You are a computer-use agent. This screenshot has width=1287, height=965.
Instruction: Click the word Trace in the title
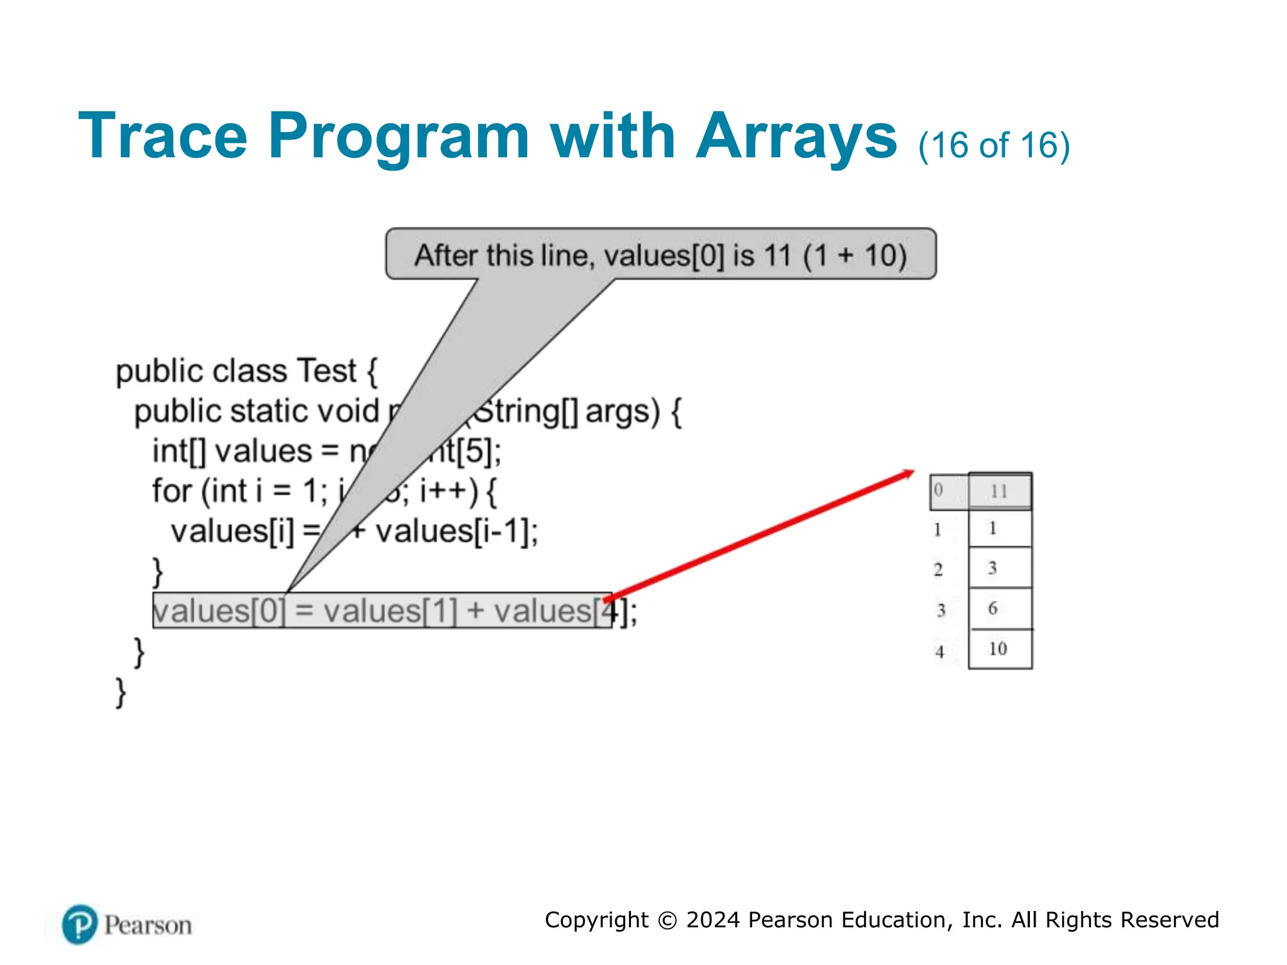(162, 136)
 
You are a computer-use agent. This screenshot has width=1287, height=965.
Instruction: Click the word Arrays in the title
(796, 136)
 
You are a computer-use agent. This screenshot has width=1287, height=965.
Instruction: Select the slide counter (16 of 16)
(994, 145)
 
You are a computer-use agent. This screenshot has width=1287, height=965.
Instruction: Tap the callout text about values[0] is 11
(660, 255)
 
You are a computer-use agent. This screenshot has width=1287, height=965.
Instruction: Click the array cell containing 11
(999, 491)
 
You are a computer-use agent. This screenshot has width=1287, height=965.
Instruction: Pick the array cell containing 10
(999, 649)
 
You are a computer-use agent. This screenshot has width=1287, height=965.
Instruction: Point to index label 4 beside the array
(939, 652)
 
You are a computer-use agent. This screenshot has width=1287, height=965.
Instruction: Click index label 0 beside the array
(938, 489)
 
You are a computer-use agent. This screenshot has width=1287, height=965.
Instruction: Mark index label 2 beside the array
(938, 569)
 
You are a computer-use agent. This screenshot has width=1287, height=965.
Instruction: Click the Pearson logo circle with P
(80, 924)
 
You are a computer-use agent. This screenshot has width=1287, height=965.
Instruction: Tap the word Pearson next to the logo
(148, 925)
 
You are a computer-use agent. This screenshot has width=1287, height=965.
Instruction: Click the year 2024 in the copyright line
(713, 920)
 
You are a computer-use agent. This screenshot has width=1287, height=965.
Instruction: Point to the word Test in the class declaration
(326, 371)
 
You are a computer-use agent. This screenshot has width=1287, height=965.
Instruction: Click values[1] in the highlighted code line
(390, 611)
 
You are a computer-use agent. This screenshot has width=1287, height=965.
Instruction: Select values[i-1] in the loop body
(456, 532)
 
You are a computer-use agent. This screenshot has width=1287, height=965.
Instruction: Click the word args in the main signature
(622, 412)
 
